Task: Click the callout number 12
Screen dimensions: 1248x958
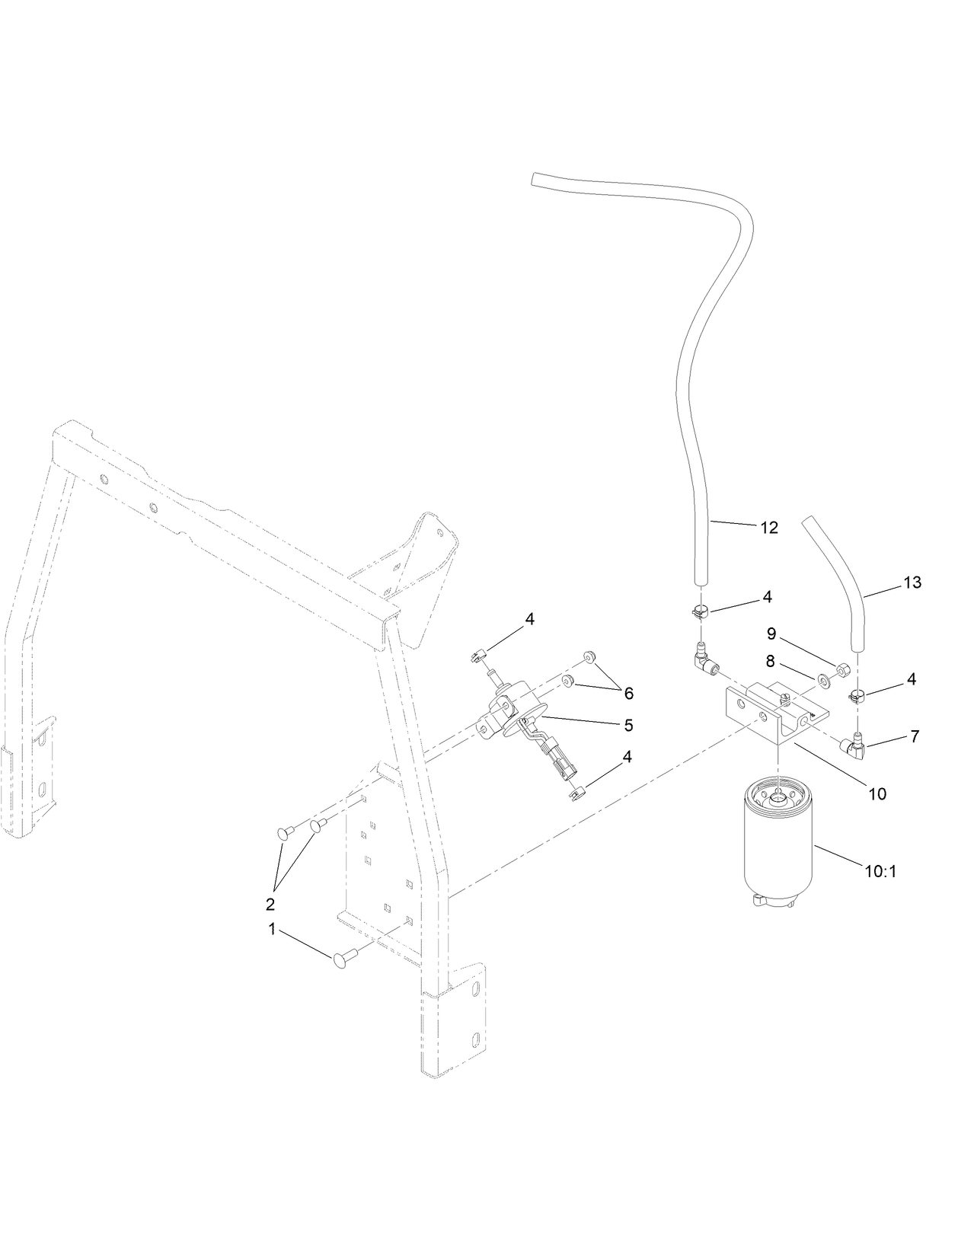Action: tap(769, 528)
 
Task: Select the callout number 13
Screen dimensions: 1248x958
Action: tap(912, 583)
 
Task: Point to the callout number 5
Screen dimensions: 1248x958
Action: tap(628, 726)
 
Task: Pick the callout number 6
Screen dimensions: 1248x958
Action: tap(628, 694)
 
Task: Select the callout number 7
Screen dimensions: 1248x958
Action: tap(915, 736)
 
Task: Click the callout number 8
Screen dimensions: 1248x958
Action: tap(771, 662)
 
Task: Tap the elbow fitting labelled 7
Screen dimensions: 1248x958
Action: tap(854, 748)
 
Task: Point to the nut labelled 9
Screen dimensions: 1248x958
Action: tap(843, 671)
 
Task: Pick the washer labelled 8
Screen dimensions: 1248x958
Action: tap(825, 680)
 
